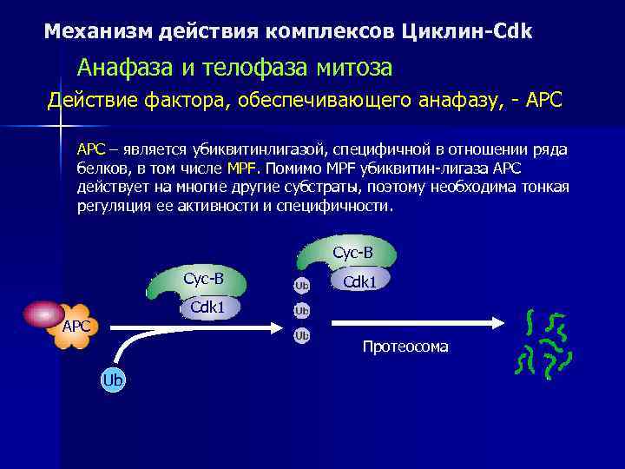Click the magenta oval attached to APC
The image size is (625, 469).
[x=43, y=314]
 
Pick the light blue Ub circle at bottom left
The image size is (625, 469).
[x=113, y=380]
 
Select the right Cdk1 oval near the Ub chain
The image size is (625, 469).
[x=359, y=281]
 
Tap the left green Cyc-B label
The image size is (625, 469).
[x=202, y=279]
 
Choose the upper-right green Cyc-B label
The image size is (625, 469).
[x=352, y=253]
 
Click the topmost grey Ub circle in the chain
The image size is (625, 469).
[x=301, y=285]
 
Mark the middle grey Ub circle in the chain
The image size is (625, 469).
[x=301, y=310]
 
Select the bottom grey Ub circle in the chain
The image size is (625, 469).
[x=301, y=335]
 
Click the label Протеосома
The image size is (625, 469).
[x=405, y=347]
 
